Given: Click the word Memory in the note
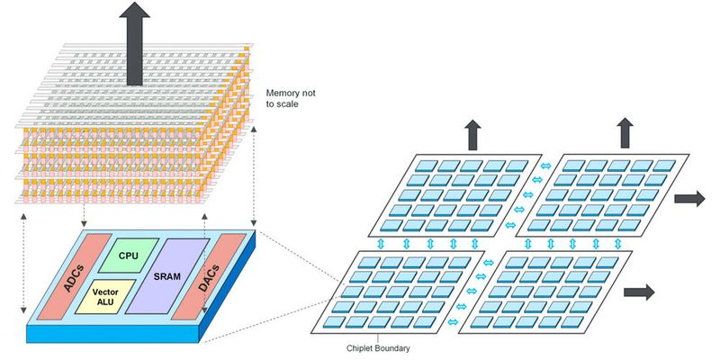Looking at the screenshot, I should pos(283,93).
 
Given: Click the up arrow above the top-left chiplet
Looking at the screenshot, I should pos(472,135).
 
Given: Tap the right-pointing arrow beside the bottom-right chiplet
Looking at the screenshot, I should pos(638,292).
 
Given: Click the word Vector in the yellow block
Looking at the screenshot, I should pos(105,292).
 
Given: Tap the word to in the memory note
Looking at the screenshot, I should pos(272,105).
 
